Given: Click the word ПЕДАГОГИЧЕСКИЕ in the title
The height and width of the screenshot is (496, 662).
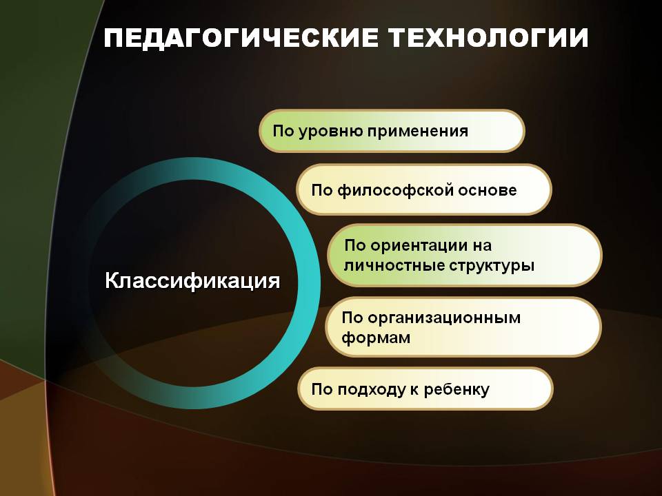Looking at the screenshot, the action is (x=241, y=38).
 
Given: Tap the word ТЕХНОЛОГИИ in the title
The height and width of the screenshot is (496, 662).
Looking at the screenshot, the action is (x=488, y=38).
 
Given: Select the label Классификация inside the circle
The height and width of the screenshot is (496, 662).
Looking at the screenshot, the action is (x=192, y=280).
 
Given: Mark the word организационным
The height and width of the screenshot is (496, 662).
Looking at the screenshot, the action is (x=444, y=318).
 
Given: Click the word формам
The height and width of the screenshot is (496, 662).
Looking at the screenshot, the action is (x=376, y=338).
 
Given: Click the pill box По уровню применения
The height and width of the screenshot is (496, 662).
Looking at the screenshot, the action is (x=392, y=131).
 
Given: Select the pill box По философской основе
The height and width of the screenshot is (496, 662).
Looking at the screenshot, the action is (x=424, y=190).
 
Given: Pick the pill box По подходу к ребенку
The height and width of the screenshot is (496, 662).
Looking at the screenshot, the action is (x=425, y=389).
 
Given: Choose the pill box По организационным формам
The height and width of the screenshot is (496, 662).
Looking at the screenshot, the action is (x=463, y=327).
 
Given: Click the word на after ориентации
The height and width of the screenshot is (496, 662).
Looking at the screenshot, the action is (x=481, y=246).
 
